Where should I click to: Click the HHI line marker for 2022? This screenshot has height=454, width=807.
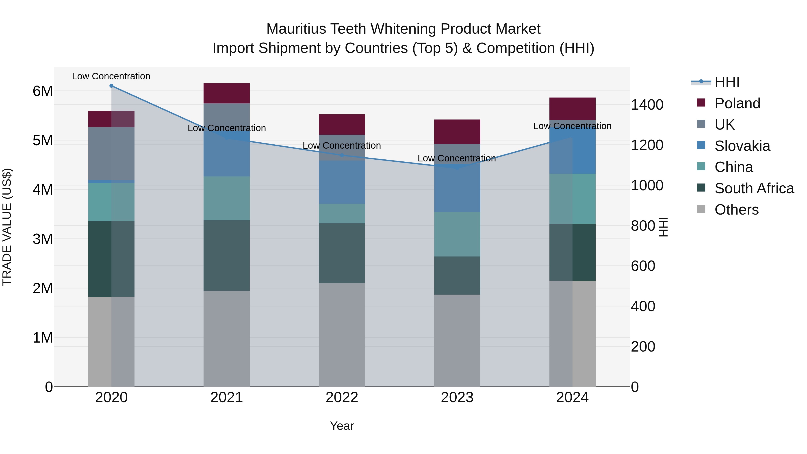tap(342, 155)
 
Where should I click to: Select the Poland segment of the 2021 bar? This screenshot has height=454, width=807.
tap(226, 93)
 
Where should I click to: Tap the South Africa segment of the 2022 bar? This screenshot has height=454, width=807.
tap(342, 253)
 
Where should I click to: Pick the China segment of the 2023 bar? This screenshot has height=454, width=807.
tap(457, 234)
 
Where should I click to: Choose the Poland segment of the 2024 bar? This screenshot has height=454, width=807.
tap(572, 109)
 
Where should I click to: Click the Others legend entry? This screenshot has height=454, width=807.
tap(736, 210)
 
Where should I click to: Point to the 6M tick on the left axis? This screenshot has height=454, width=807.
tap(43, 91)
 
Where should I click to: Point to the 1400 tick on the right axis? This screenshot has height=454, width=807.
tap(647, 105)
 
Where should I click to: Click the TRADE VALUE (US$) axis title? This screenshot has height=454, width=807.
tap(7, 227)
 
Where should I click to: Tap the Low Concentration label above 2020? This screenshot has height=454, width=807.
tap(111, 76)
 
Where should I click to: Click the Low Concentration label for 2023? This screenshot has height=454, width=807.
tap(457, 159)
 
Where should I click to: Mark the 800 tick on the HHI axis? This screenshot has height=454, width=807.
tap(643, 226)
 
